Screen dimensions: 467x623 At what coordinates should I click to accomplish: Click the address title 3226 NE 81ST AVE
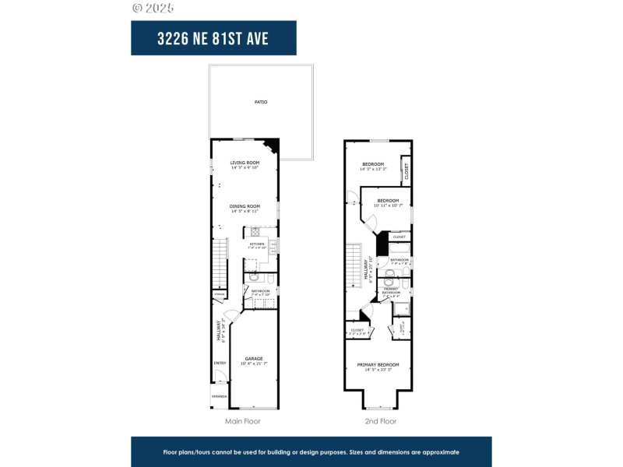click(x=213, y=38)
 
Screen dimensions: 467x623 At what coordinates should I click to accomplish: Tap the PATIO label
click(x=260, y=102)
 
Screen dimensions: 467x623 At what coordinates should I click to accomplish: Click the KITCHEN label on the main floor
click(x=257, y=244)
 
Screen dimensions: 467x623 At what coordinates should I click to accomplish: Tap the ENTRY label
click(x=219, y=363)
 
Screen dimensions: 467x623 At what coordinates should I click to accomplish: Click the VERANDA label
click(x=219, y=396)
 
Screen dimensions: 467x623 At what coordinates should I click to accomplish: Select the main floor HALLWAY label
click(x=219, y=331)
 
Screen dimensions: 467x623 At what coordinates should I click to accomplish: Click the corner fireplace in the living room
click(x=272, y=146)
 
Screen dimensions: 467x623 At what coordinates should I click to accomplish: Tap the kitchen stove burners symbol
click(x=255, y=231)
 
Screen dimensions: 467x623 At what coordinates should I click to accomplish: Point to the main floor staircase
click(x=219, y=265)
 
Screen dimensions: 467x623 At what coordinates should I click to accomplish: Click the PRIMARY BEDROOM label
click(x=378, y=366)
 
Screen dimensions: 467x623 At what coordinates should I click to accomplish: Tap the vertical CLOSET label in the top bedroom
click(x=406, y=170)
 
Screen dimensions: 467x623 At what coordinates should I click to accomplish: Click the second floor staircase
click(x=354, y=265)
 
